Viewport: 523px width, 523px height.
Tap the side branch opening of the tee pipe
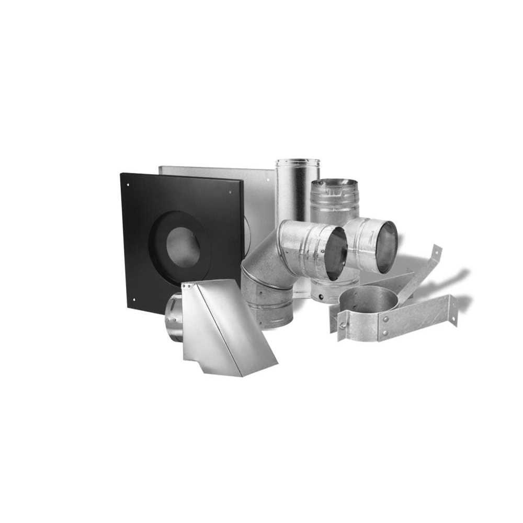pyautogui.click(x=384, y=246)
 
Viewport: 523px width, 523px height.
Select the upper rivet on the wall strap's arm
pyautogui.click(x=386, y=318)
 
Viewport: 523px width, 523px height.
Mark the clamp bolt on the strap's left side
pyautogui.click(x=343, y=326)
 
